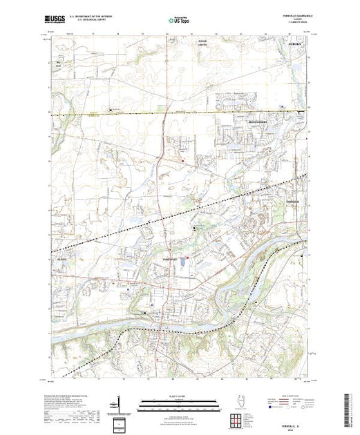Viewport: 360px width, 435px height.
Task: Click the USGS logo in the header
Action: (56, 21)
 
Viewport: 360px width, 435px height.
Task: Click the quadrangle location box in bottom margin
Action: (120, 423)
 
